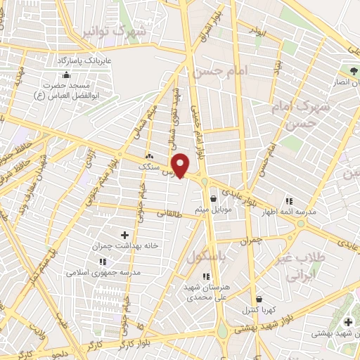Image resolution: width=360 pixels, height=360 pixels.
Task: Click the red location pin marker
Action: (181, 165)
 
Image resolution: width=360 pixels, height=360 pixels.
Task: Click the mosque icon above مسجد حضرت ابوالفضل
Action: (66, 75)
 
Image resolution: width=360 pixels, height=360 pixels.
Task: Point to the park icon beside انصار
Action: (353, 71)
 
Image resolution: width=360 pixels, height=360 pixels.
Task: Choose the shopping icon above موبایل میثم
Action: (212, 199)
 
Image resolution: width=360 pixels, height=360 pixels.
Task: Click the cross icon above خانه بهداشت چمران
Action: (125, 234)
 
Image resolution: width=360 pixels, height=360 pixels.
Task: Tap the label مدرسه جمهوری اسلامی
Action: (103, 272)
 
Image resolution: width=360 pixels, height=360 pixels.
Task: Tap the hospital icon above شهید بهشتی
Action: (348, 322)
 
